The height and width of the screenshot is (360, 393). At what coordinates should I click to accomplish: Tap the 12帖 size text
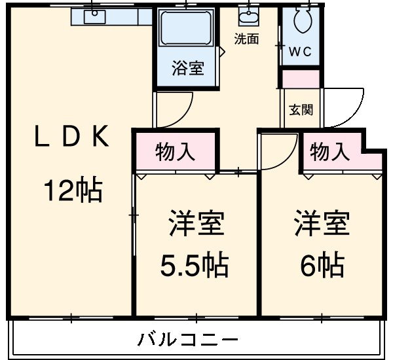tap(72, 190)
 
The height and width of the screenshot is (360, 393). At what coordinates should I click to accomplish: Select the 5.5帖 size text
tap(195, 265)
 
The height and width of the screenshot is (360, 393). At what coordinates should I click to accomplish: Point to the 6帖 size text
tap(322, 265)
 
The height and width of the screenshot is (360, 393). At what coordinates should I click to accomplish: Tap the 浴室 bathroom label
tap(187, 68)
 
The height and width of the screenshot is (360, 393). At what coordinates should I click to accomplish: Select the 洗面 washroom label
tap(247, 39)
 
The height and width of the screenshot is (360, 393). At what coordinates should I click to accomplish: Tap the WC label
tap(301, 51)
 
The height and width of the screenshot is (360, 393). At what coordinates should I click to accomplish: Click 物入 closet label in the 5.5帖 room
tap(175, 153)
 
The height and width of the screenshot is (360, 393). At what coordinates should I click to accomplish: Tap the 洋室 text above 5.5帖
tap(195, 224)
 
